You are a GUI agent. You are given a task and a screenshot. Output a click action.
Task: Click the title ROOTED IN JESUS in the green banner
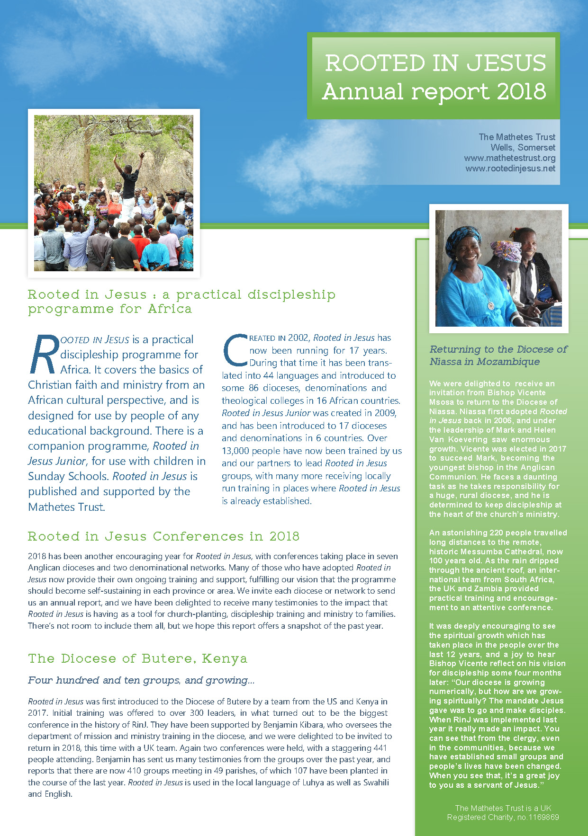435,63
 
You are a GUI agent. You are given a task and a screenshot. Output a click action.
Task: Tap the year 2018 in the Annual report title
521,91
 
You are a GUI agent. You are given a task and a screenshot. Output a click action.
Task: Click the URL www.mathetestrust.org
509,158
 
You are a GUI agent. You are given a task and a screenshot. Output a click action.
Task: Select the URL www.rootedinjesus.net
510,168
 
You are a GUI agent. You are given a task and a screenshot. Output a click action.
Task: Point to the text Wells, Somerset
523,147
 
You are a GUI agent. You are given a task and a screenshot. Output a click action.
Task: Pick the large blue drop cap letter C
234,351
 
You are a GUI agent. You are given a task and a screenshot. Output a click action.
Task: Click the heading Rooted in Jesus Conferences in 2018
163,536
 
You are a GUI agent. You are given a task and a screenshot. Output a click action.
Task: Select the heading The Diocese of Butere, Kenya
137,658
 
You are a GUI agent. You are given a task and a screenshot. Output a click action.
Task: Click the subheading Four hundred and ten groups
141,680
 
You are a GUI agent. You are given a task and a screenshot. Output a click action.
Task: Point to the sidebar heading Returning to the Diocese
498,355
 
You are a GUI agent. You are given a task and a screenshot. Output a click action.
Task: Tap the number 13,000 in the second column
235,451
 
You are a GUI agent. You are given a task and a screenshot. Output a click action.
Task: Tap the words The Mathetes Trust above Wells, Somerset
516,137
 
